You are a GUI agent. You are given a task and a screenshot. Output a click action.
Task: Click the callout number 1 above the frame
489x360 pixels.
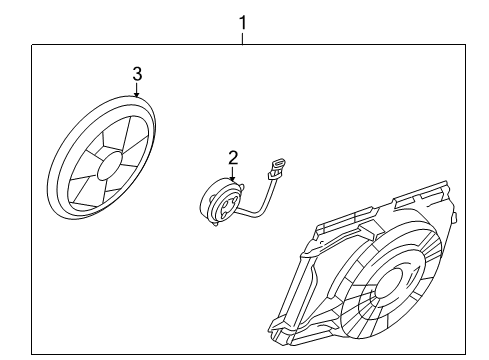[240, 21]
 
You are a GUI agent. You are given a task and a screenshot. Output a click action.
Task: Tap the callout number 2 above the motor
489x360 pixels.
[233, 158]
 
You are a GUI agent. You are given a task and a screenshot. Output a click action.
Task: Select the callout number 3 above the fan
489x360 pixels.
[138, 73]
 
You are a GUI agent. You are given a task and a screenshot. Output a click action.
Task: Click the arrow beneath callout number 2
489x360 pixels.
[234, 175]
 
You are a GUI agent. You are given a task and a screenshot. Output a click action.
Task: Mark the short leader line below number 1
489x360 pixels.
[240, 37]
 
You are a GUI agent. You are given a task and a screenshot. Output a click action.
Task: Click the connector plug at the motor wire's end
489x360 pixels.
[277, 165]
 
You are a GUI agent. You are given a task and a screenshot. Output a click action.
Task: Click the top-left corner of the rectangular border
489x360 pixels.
[32, 45]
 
